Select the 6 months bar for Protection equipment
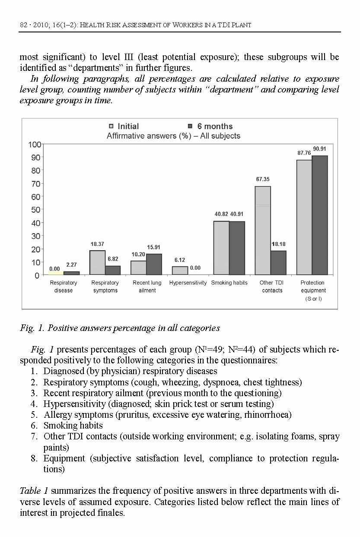pos(320,215)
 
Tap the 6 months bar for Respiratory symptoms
pos(112,270)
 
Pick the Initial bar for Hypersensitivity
pos(180,270)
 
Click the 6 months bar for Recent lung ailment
pos(154,264)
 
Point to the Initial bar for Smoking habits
pos(221,248)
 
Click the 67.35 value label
pos(263,179)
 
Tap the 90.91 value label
pos(320,149)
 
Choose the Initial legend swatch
pos(111,127)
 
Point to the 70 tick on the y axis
pos(35,183)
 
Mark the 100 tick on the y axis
pos(35,144)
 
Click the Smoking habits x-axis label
pos(229,283)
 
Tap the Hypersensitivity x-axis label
pos(188,283)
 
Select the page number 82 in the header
pos(24,25)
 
